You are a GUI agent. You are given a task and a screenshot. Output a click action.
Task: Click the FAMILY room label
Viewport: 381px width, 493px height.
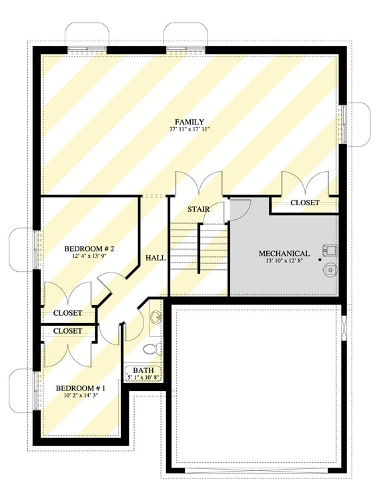tap(189, 122)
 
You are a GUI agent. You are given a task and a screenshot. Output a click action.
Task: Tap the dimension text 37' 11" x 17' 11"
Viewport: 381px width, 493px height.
tap(189, 130)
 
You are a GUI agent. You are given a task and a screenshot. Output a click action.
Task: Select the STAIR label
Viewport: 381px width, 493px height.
tap(198, 210)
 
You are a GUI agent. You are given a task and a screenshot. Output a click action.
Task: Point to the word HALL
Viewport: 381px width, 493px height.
tap(155, 258)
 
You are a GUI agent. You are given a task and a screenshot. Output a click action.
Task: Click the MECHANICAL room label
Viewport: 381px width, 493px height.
tap(284, 254)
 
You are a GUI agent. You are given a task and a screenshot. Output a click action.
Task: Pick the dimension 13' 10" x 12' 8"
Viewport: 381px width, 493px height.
tap(284, 262)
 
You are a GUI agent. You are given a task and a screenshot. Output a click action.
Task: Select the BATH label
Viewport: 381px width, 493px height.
tap(143, 370)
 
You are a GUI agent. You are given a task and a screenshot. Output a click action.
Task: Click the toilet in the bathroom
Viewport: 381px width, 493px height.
tap(152, 348)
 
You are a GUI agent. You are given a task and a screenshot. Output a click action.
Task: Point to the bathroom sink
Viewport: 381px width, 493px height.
tap(155, 316)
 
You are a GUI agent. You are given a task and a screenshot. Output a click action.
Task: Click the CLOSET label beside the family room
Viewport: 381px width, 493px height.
tap(304, 203)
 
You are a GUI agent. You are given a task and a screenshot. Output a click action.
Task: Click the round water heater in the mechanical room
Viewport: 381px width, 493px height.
tap(330, 269)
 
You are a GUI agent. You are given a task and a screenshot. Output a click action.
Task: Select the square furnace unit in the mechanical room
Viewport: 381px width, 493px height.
tap(330, 250)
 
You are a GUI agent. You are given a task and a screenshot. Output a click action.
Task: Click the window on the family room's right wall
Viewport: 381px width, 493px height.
tap(343, 124)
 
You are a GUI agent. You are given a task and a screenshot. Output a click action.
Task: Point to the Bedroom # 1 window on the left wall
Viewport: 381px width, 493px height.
tap(35, 390)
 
